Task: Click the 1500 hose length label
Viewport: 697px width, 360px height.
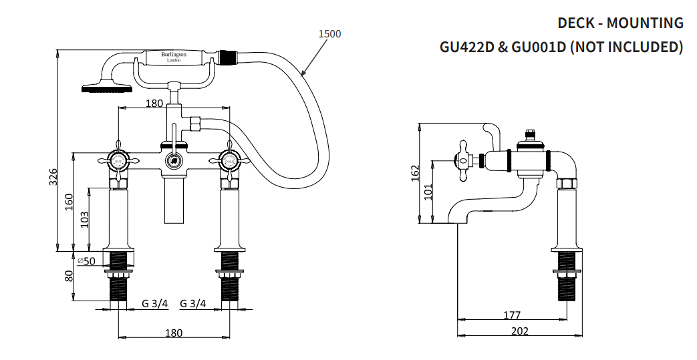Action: tap(330, 34)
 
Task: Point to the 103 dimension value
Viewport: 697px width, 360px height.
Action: tap(84, 218)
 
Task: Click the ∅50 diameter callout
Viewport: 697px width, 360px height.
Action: tap(87, 260)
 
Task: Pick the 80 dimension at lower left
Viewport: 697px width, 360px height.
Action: tap(69, 275)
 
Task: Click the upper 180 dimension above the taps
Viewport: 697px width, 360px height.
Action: tap(154, 104)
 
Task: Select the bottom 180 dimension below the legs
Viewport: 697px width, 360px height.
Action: tap(173, 333)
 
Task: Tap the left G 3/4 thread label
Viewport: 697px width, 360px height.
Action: tap(154, 304)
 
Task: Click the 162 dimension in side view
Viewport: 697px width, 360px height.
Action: tap(415, 172)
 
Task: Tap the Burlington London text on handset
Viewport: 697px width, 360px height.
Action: tap(174, 57)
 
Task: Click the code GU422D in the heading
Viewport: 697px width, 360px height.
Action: tap(468, 47)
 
